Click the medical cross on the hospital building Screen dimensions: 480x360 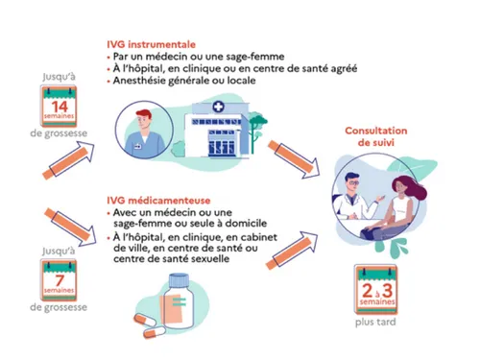pyautogui.click(x=219, y=108)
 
